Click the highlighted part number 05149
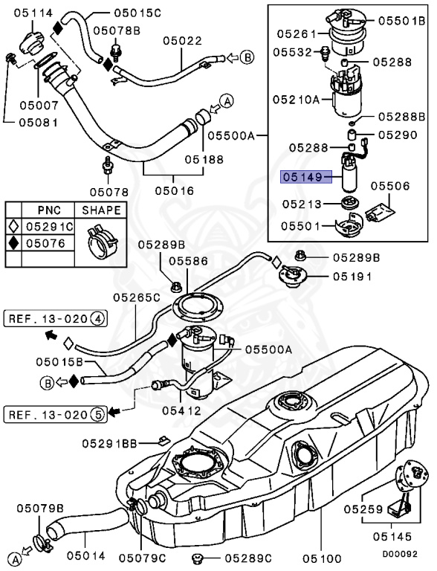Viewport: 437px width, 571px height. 301,178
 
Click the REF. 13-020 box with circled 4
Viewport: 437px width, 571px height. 56,320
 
